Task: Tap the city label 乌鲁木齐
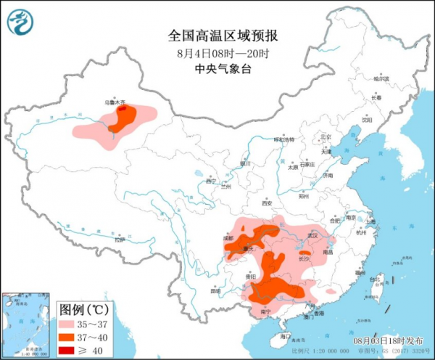(120, 103)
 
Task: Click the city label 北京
(326, 136)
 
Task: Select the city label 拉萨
(120, 238)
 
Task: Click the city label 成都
(229, 237)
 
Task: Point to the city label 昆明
(215, 291)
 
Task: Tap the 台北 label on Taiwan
(374, 279)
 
